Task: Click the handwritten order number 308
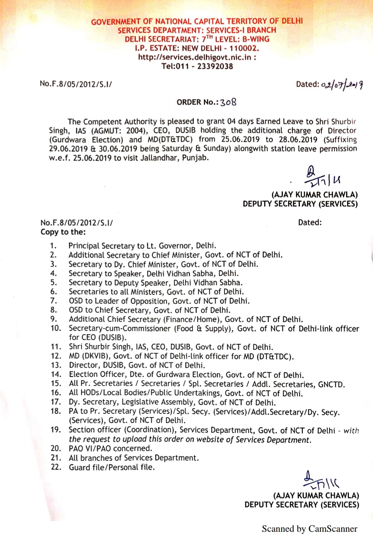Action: (x=228, y=102)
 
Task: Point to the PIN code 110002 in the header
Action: (x=243, y=48)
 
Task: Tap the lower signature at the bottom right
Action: (x=320, y=481)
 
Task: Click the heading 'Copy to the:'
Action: (x=63, y=232)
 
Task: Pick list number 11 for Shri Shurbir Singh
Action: (x=56, y=347)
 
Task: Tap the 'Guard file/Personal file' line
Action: (x=112, y=467)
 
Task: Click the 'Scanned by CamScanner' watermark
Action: (x=310, y=529)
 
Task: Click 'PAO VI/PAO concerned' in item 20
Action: (x=110, y=449)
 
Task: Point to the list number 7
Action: (x=54, y=301)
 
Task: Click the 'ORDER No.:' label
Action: (x=197, y=102)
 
